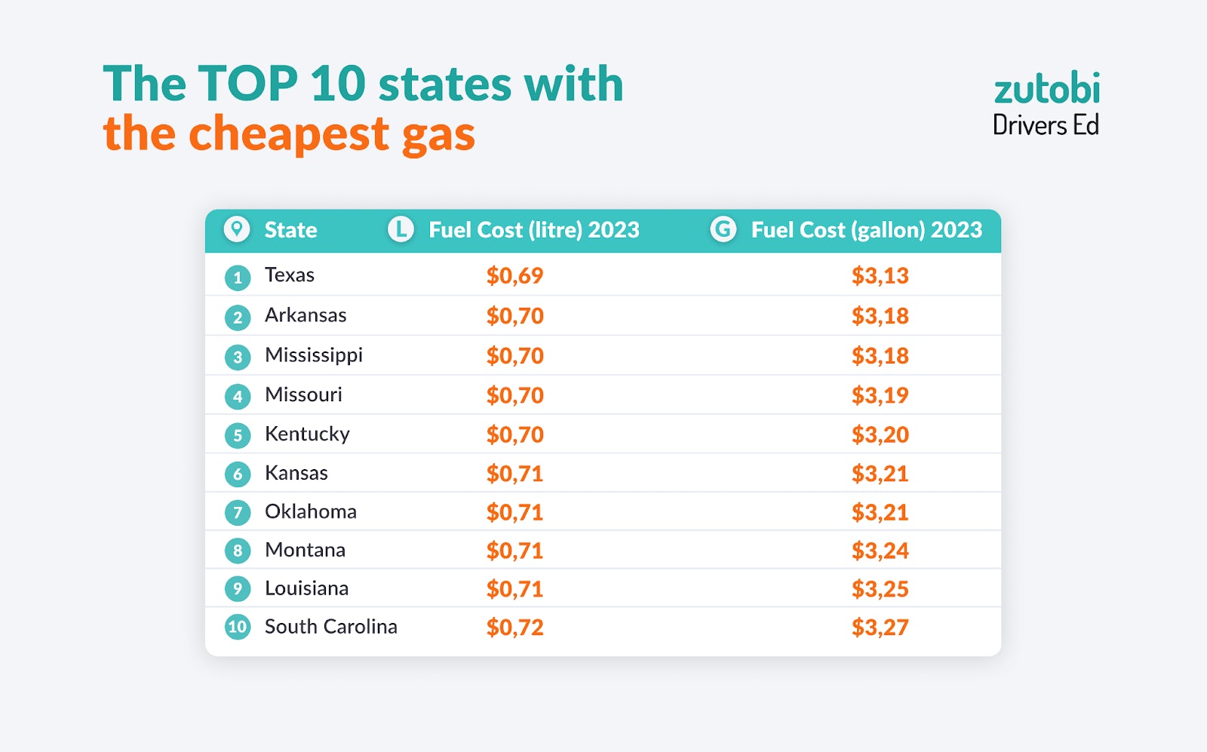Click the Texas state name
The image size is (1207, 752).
pyautogui.click(x=289, y=275)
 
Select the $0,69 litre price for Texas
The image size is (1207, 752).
pyautogui.click(x=514, y=276)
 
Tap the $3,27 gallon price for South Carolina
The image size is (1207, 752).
pyautogui.click(x=880, y=628)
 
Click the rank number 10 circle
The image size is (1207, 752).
pyautogui.click(x=238, y=627)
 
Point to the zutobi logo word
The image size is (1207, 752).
pyautogui.click(x=1046, y=89)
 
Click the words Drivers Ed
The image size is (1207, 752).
pyautogui.click(x=1046, y=125)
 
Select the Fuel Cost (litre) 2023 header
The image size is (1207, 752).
pyautogui.click(x=533, y=230)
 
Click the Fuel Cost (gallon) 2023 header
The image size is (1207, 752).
pyautogui.click(x=866, y=230)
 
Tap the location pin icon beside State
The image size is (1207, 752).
pyautogui.click(x=237, y=229)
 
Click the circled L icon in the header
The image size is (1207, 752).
pyautogui.click(x=401, y=229)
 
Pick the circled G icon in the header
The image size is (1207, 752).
pyautogui.click(x=723, y=229)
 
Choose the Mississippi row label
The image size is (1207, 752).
pyautogui.click(x=313, y=355)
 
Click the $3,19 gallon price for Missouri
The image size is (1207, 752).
pyautogui.click(x=880, y=395)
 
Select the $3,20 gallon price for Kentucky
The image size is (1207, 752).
pyautogui.click(x=880, y=434)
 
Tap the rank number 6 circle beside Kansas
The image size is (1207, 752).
pyautogui.click(x=238, y=474)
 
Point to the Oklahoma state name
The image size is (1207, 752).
pyautogui.click(x=310, y=512)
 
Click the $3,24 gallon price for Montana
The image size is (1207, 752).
pyautogui.click(x=880, y=551)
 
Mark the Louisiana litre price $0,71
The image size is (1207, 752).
pyautogui.click(x=514, y=589)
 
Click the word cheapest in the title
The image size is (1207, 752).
pyautogui.click(x=288, y=134)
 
